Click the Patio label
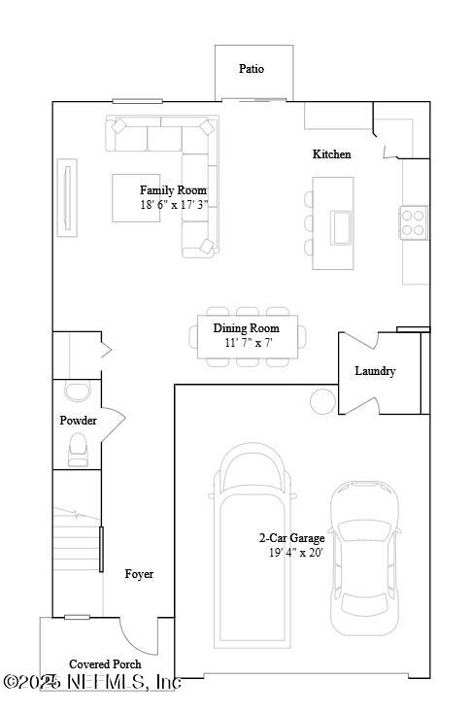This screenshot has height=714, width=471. click(252, 69)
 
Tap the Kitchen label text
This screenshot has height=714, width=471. click(331, 154)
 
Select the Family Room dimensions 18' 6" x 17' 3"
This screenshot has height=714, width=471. click(174, 205)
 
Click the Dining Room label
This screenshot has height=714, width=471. click(246, 328)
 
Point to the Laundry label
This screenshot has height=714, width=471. click(375, 371)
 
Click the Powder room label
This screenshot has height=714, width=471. click(78, 421)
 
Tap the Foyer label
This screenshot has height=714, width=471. click(139, 574)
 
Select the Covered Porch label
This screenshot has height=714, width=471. click(104, 664)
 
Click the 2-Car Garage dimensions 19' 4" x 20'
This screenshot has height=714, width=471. click(295, 552)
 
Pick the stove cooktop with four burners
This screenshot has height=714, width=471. click(414, 222)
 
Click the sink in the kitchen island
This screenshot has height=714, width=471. click(342, 226)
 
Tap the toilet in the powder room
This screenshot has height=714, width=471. click(77, 448)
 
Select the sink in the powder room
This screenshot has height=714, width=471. click(75, 391)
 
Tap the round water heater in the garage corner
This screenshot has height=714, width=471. click(320, 399)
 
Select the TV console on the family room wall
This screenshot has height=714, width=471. click(67, 197)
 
